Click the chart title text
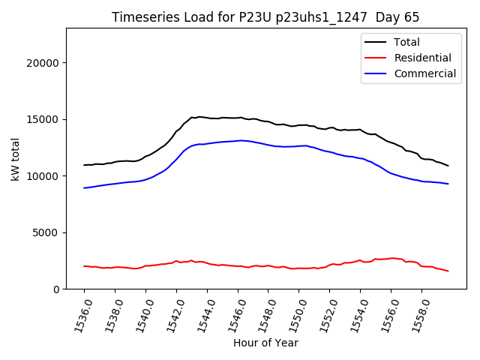coord(265,17)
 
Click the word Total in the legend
coord(406,42)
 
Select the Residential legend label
coord(422,58)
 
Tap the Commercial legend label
coord(424,73)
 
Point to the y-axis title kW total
coord(16,159)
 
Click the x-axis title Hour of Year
coord(265,343)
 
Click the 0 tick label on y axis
coord(57,289)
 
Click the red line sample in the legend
coord(376,58)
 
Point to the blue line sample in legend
coord(376,73)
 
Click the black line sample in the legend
coord(376,42)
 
